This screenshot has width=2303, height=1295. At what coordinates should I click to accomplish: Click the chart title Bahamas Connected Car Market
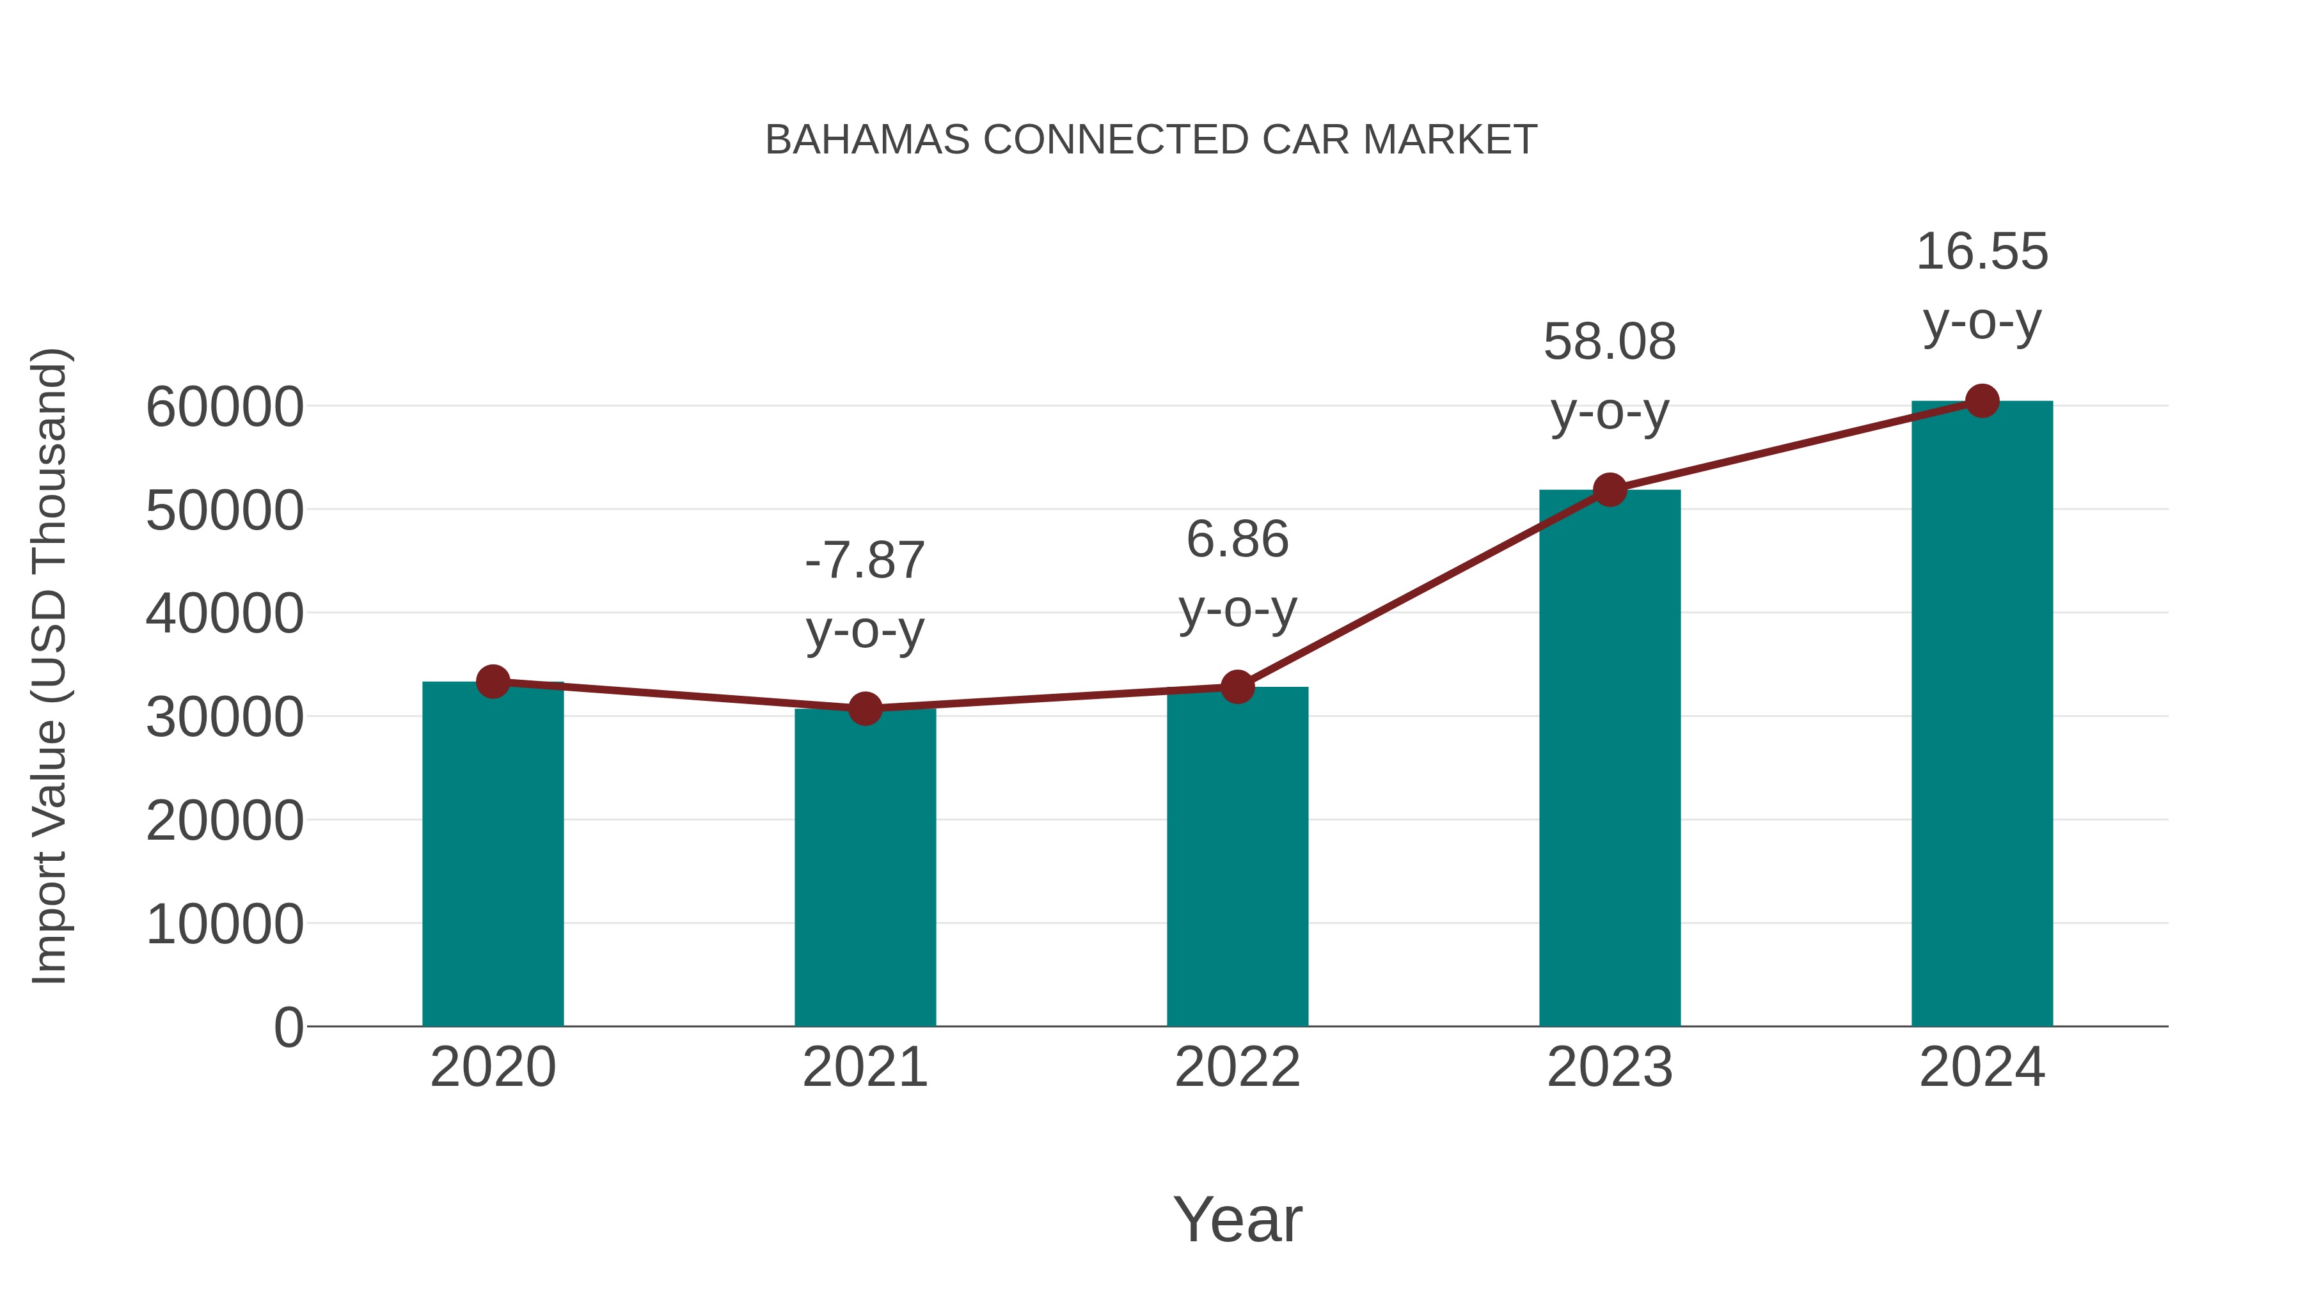click(x=1151, y=140)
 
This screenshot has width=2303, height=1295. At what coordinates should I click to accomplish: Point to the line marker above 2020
click(x=493, y=682)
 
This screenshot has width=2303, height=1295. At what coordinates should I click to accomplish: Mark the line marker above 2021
click(x=864, y=709)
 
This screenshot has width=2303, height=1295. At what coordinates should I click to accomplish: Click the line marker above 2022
click(x=1237, y=687)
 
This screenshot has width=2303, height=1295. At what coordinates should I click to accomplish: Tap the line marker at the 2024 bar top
click(x=1982, y=401)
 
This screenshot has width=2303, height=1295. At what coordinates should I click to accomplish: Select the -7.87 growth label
click(x=864, y=561)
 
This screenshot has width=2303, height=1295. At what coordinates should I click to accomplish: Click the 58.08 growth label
click(x=1610, y=342)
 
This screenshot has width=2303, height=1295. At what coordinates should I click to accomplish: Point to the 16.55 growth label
click(x=1982, y=252)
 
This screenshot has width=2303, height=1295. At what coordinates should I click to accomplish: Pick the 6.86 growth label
click(x=1237, y=540)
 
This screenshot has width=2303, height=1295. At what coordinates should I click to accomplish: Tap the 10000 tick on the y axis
click(x=225, y=924)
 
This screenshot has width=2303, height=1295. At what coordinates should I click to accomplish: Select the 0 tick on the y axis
click(x=289, y=1028)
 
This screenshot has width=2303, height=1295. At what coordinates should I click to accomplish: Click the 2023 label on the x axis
click(x=1610, y=1068)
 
